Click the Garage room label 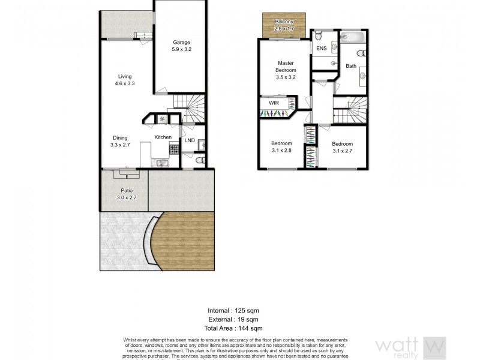[x=182, y=42]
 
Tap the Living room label [x=125, y=76]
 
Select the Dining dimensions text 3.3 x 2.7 [x=120, y=145]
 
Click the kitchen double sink [x=161, y=162]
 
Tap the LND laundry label [x=190, y=140]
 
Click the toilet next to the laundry [x=202, y=160]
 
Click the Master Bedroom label [x=286, y=66]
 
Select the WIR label [x=274, y=103]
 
